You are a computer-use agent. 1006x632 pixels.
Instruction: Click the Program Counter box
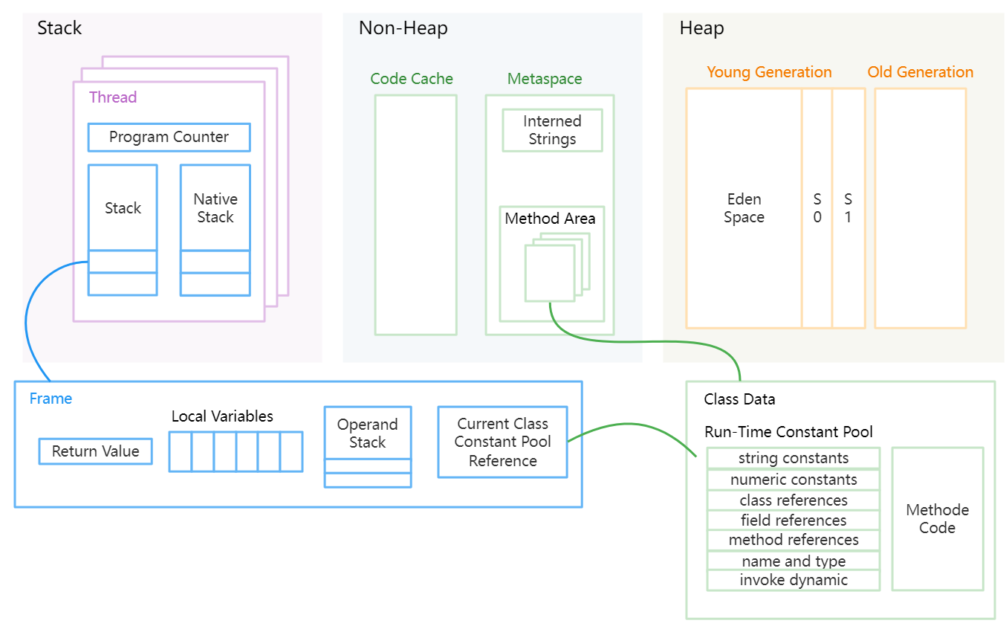[169, 138]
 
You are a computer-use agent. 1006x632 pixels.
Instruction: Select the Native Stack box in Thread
[215, 208]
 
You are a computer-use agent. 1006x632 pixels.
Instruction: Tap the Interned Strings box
[552, 131]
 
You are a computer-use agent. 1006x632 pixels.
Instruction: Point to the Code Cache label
[412, 79]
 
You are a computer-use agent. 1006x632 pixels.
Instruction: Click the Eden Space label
[744, 208]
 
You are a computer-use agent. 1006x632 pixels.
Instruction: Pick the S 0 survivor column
[817, 208]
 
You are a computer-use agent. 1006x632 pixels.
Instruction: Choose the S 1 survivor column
[848, 208]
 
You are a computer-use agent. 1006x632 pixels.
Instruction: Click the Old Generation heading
[920, 72]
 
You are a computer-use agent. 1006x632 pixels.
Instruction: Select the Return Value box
[95, 451]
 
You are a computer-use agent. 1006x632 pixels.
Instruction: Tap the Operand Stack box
[367, 434]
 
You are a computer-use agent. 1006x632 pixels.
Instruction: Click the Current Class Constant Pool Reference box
[502, 442]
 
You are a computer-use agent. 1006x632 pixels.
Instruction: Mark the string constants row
[794, 458]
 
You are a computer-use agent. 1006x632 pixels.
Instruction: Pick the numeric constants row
[794, 480]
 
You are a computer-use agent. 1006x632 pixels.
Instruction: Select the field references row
[794, 520]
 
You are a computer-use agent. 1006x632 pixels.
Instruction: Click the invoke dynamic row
[794, 580]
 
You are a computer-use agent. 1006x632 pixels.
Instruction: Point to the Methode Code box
[937, 519]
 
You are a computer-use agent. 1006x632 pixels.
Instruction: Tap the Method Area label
[550, 219]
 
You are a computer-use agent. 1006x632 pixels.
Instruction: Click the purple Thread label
[113, 97]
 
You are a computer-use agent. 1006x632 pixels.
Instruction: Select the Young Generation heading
[769, 72]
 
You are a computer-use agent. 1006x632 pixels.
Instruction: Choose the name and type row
[794, 561]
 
